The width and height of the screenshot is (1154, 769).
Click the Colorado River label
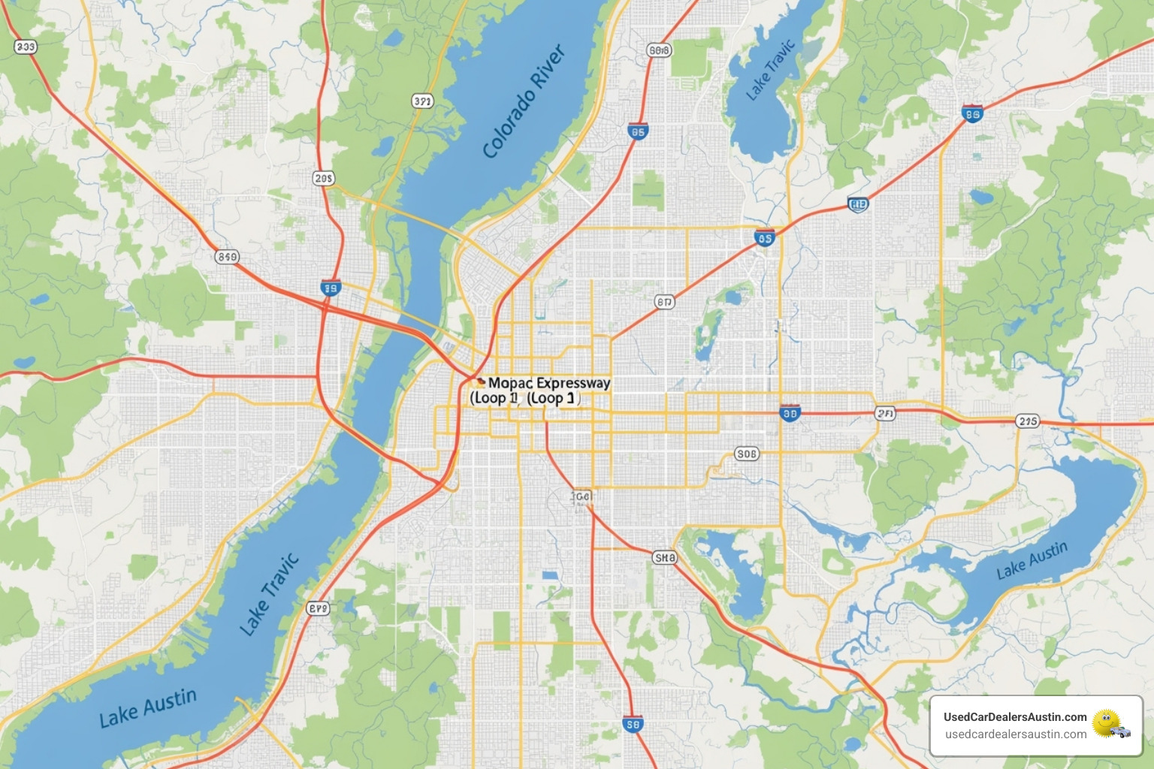[x=524, y=101]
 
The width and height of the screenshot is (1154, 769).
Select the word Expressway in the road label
[x=573, y=383]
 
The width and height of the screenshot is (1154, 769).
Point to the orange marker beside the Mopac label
[x=480, y=381]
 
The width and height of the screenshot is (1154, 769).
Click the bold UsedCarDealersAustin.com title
[x=1015, y=716]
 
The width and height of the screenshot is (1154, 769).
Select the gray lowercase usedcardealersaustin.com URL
[x=1015, y=734]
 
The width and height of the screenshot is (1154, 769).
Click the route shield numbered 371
[x=422, y=101]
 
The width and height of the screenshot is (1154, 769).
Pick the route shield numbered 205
[x=324, y=178]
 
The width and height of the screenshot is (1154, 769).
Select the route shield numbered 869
[x=227, y=257]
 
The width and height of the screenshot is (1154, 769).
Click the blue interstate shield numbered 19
[x=331, y=288]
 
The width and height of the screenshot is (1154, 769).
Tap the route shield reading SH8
[x=664, y=557]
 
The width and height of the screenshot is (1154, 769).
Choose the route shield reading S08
[x=746, y=454]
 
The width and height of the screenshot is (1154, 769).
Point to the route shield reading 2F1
[x=885, y=413]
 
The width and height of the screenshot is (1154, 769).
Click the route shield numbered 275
[x=1027, y=421]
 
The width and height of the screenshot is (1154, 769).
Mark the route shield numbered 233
[x=26, y=47]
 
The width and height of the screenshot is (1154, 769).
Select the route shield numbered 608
[x=659, y=50]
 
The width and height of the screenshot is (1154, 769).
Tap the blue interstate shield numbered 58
[x=633, y=725]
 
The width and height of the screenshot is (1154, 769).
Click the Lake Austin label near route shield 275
[x=1032, y=560]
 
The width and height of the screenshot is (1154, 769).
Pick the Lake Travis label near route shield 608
[x=770, y=70]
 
